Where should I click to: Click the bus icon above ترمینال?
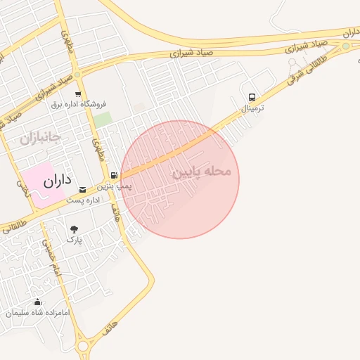click(252, 97)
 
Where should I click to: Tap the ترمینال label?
click(252, 109)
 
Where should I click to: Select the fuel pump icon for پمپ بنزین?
click(113, 175)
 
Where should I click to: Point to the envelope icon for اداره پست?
click(83, 189)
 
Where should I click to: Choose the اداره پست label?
click(84, 200)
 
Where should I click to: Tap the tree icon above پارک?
click(74, 229)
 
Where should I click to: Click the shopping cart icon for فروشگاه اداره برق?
click(78, 94)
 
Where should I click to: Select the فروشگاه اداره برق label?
click(78, 104)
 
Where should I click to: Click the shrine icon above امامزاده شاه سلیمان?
click(38, 302)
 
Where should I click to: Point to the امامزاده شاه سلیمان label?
click(38, 313)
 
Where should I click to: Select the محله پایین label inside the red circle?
click(206, 172)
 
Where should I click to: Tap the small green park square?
click(103, 119)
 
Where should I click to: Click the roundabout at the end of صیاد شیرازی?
click(345, 46)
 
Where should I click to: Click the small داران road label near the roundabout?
click(350, 32)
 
